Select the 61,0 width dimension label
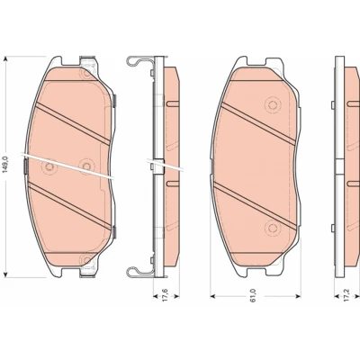pos(254,295)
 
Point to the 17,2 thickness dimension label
pos(348,295)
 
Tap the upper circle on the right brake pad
pos(273,105)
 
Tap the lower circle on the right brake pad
pos(273,229)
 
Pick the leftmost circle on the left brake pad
pos(49,167)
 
